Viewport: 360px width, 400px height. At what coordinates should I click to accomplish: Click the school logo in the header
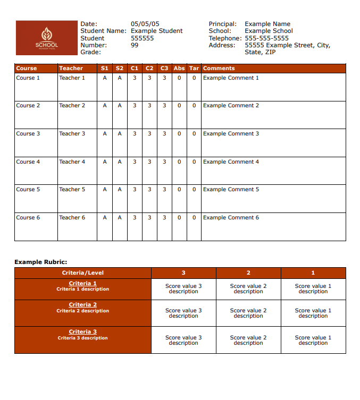pyautogui.click(x=47, y=38)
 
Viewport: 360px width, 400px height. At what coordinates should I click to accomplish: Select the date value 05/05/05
pyautogui.click(x=145, y=24)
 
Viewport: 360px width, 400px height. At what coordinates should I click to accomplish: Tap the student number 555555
pyautogui.click(x=142, y=38)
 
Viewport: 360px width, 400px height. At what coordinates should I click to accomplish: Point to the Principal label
pyautogui.click(x=222, y=24)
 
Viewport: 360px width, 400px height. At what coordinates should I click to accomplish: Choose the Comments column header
pyautogui.click(x=219, y=69)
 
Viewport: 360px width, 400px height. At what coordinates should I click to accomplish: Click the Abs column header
pyautogui.click(x=179, y=69)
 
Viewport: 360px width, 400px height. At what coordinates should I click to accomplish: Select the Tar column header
pyautogui.click(x=194, y=69)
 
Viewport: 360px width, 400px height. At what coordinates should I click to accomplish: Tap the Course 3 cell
pyautogui.click(x=28, y=134)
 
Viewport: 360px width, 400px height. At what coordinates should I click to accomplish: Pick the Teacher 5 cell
pyautogui.click(x=72, y=190)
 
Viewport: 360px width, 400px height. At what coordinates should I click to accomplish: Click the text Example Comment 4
pyautogui.click(x=231, y=162)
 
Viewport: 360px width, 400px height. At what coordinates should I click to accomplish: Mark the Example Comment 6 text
pyautogui.click(x=231, y=218)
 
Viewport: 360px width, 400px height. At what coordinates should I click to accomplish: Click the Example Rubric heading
pyautogui.click(x=41, y=262)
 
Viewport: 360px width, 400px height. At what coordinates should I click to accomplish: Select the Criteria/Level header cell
pyautogui.click(x=83, y=273)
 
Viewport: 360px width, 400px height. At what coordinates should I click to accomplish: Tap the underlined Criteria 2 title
pyautogui.click(x=83, y=305)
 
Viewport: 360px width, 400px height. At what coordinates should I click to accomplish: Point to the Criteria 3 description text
pyautogui.click(x=83, y=338)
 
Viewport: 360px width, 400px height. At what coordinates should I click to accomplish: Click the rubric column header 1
pyautogui.click(x=313, y=273)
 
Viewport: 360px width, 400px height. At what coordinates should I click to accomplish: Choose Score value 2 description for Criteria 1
pyautogui.click(x=248, y=289)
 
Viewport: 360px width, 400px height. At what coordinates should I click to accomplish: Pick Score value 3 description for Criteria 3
pyautogui.click(x=183, y=341)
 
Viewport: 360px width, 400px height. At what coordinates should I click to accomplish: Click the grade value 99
pyautogui.click(x=135, y=45)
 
